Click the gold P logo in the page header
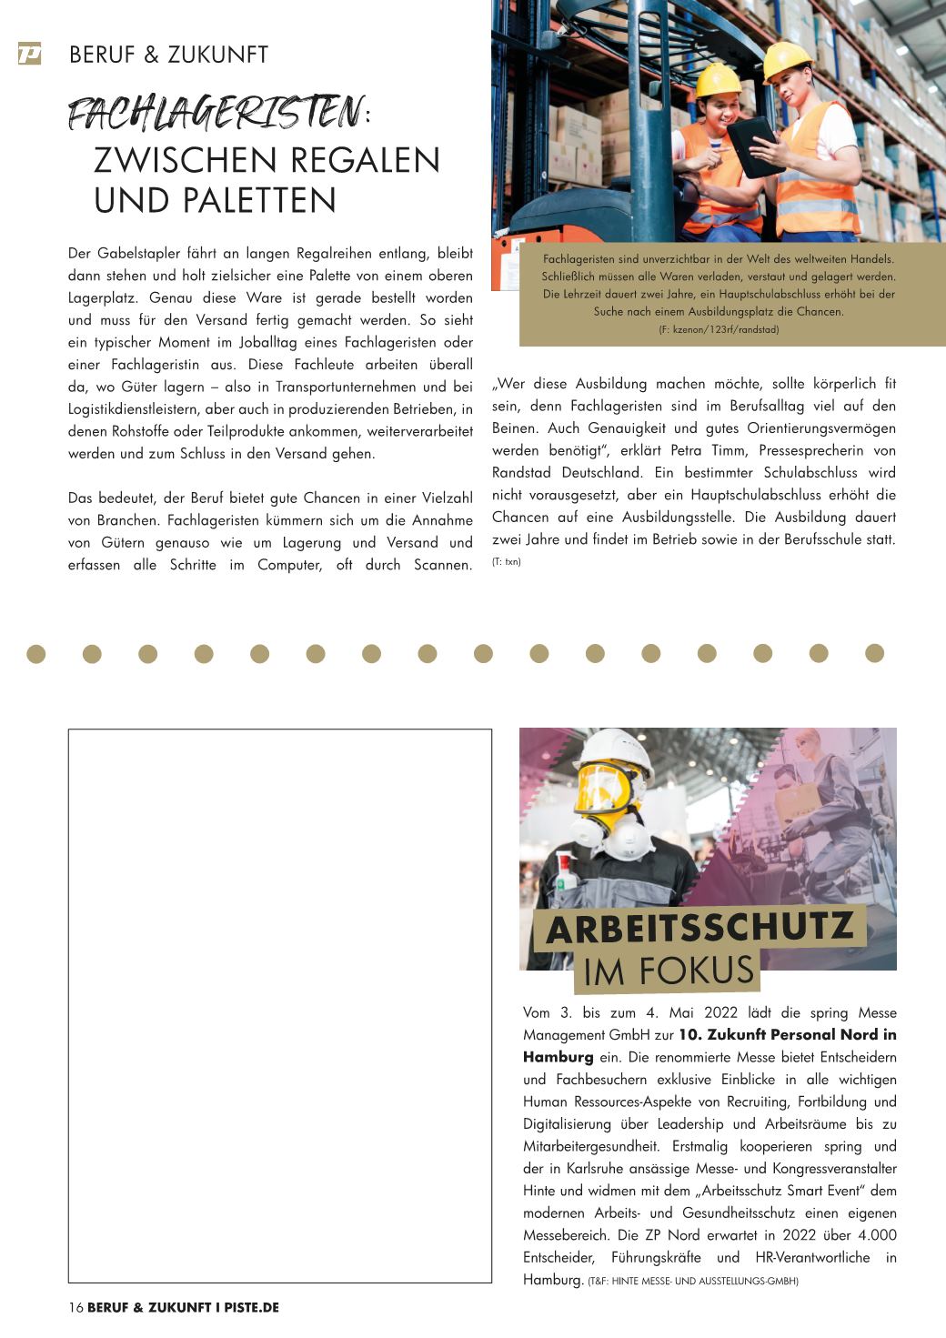point(29,54)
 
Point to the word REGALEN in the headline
point(367,160)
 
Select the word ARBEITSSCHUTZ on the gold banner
point(699,928)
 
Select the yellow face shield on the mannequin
point(601,790)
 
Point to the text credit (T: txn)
point(506,562)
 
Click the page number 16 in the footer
point(75,1307)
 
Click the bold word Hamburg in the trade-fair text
point(558,1057)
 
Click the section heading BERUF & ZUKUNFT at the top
point(168,55)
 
